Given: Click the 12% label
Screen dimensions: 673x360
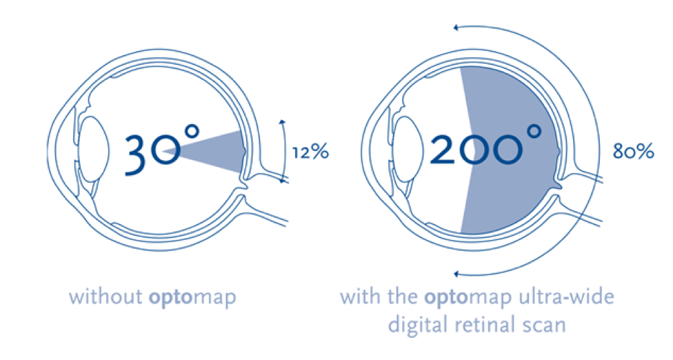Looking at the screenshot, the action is [x=310, y=152].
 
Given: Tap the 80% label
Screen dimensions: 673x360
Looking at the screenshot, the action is [x=633, y=152].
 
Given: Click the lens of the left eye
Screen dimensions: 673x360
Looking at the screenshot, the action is [x=95, y=149].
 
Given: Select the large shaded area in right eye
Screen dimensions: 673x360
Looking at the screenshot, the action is [x=511, y=150].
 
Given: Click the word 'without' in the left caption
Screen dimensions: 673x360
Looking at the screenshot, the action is [x=106, y=296].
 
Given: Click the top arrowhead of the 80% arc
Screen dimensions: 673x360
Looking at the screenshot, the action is [x=456, y=28].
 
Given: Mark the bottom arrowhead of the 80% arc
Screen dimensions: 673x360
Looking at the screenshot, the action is [x=456, y=274].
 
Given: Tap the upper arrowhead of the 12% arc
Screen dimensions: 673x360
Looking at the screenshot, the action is [x=282, y=122].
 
